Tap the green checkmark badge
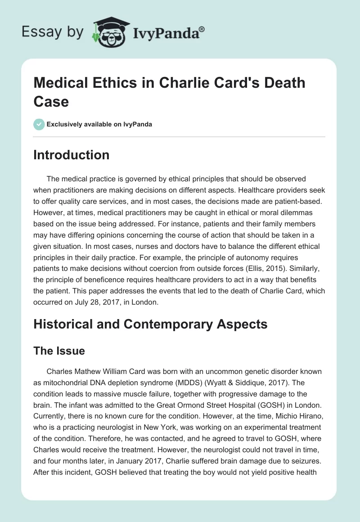click(x=39, y=124)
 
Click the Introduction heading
click(x=71, y=155)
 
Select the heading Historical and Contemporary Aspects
click(x=150, y=324)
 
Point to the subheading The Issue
click(x=58, y=351)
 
